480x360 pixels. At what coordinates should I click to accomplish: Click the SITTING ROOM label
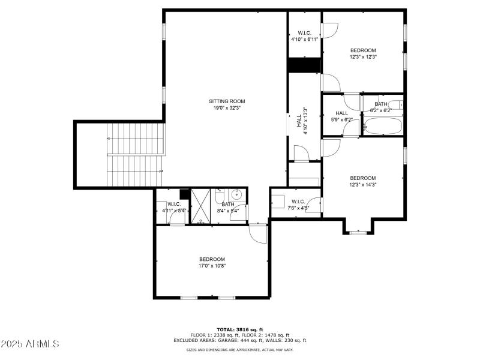[x=227, y=101]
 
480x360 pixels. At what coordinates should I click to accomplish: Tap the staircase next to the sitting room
[x=135, y=154]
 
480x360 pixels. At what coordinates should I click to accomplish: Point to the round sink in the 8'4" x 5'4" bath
[x=237, y=194]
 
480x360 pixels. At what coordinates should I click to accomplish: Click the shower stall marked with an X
[x=201, y=206]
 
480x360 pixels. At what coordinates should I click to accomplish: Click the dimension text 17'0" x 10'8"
[x=212, y=266]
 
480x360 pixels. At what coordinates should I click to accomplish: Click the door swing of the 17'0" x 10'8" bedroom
[x=258, y=235]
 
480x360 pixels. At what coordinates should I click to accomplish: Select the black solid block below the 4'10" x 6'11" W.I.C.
[x=304, y=65]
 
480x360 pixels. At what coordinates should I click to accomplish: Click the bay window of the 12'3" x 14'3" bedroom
[x=358, y=230]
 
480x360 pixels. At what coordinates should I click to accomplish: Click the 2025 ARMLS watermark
[x=29, y=344]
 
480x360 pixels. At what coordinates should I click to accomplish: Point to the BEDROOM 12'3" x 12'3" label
[x=363, y=53]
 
